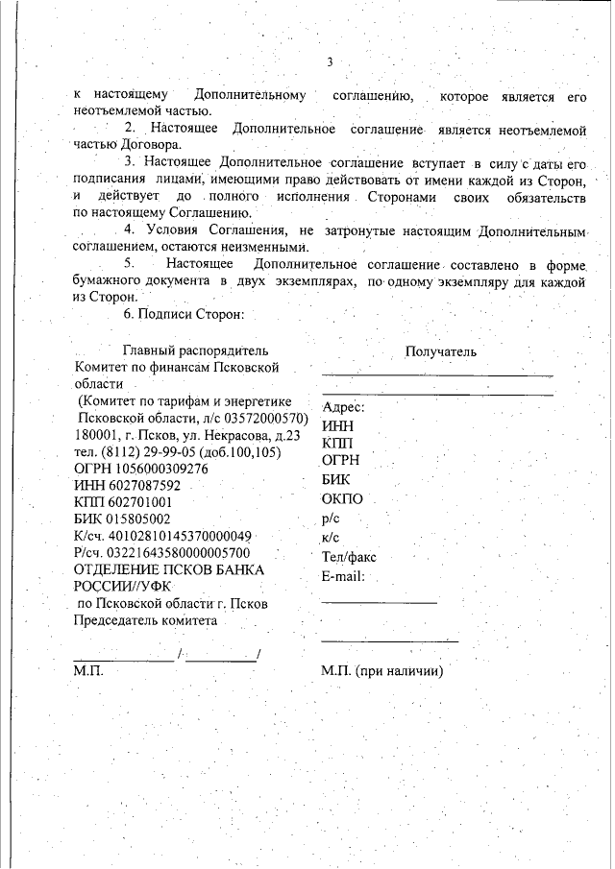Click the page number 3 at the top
tap(329, 62)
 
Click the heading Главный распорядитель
tap(196, 350)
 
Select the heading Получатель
tap(440, 351)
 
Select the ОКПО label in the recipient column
tap(343, 499)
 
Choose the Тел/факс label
tap(349, 556)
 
